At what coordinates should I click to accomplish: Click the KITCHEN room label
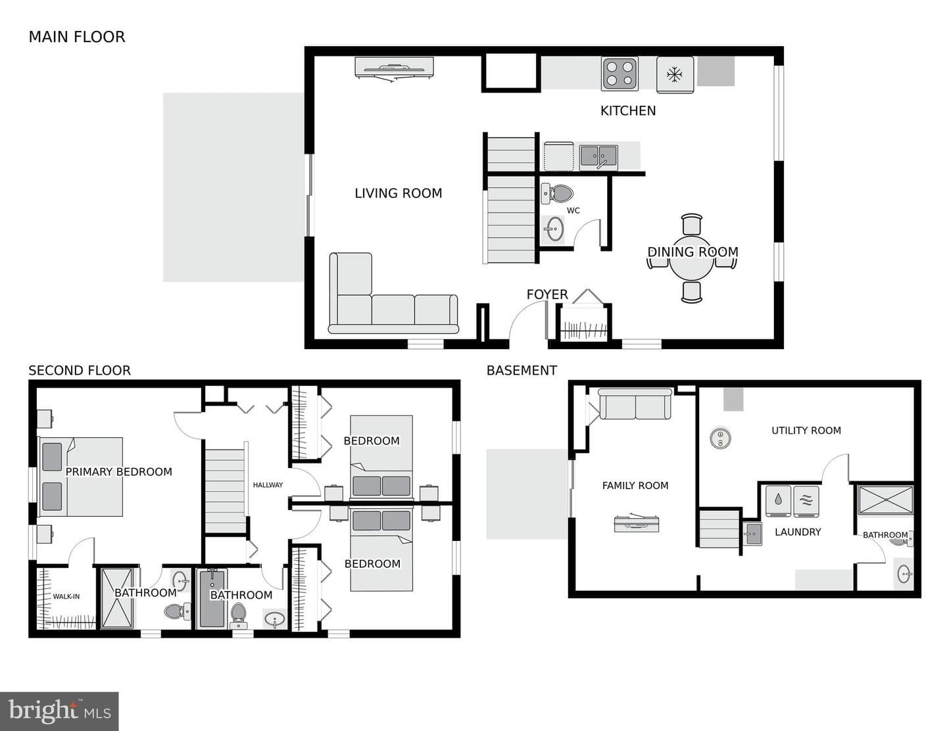[628, 110]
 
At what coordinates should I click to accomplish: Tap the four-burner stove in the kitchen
[619, 74]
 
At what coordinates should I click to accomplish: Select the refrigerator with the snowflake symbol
[675, 74]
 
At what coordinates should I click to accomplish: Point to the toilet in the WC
[557, 193]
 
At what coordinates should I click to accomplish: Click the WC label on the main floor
[573, 211]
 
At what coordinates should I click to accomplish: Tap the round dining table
[692, 258]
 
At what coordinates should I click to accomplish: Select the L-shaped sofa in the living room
[392, 305]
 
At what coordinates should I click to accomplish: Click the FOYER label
[547, 295]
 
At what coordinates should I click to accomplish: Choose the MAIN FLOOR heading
[77, 37]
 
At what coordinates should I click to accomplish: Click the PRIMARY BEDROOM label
[118, 472]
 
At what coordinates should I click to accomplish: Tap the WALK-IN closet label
[66, 596]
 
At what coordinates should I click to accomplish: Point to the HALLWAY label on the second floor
[268, 485]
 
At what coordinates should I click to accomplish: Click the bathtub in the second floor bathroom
[212, 599]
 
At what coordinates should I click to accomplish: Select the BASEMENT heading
[522, 371]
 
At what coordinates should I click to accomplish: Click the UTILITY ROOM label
[806, 431]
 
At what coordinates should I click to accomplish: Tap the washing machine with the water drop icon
[779, 501]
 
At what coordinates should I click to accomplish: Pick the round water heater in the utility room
[720, 438]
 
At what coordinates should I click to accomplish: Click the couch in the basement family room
[635, 404]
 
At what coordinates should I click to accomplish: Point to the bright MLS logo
[59, 711]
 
